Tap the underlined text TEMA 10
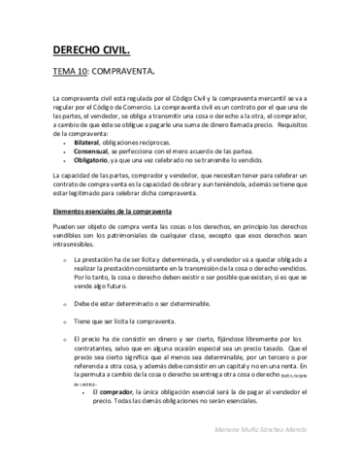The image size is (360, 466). point(73,71)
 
